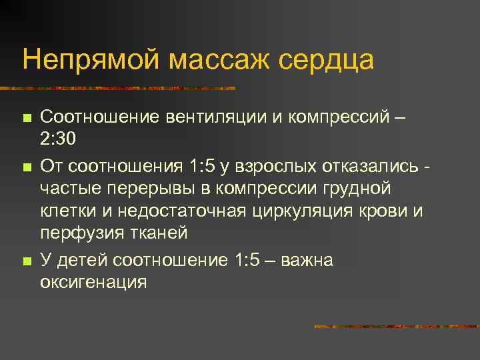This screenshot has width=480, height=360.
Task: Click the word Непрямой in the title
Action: coord(89,59)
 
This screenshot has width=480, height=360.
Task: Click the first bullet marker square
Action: coord(27,118)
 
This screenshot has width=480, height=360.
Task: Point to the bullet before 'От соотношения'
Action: coord(27,165)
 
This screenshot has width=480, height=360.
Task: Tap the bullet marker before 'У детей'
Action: coord(27,260)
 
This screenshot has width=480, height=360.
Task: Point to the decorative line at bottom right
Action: coord(396,327)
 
